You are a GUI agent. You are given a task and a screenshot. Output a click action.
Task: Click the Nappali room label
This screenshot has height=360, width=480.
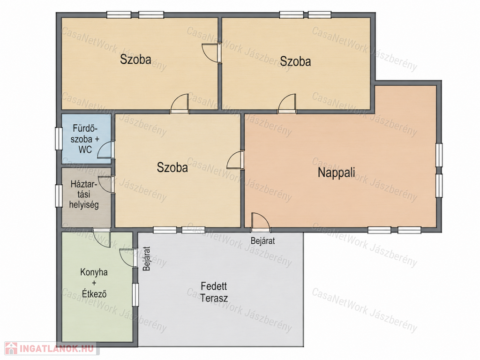(337, 172)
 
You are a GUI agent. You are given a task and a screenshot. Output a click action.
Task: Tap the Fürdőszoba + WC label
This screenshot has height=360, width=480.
(85, 139)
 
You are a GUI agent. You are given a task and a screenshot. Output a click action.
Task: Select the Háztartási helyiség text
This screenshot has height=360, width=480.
(84, 195)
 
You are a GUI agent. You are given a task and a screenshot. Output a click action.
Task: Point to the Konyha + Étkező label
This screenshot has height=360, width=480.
(94, 283)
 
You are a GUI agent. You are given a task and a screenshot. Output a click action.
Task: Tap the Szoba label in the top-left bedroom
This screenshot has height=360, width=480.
(135, 59)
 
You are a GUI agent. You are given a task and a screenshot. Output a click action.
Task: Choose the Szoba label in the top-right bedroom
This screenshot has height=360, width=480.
(295, 61)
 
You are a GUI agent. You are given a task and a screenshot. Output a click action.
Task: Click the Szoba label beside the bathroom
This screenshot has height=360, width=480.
(172, 167)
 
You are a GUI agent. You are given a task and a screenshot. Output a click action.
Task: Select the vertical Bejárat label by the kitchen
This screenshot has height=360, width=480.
(147, 259)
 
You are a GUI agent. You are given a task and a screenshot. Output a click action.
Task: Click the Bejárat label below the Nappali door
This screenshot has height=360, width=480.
(262, 240)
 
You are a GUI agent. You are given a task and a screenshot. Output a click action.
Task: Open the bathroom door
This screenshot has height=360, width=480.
(106, 150)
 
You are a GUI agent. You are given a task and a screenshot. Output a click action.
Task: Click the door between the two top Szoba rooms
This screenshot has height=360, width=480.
(211, 53)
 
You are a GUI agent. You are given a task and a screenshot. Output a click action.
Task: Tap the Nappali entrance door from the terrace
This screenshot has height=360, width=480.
(260, 222)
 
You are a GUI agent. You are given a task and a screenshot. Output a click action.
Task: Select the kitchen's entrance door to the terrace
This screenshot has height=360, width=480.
(128, 258)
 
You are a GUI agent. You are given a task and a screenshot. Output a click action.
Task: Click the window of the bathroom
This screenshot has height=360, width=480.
(59, 138)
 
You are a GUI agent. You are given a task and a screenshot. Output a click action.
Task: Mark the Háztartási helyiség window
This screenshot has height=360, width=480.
(59, 195)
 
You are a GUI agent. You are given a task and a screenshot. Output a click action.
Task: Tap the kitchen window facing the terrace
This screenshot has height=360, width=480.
(135, 294)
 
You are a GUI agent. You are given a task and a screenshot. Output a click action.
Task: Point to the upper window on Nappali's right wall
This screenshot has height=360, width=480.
(439, 155)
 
